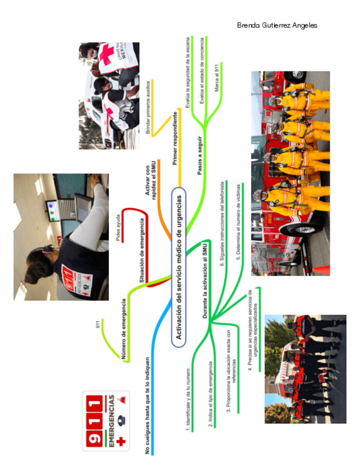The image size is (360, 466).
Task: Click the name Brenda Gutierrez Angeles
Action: pyautogui.click(x=277, y=25)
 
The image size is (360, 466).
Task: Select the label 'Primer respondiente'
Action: pyautogui.click(x=175, y=138)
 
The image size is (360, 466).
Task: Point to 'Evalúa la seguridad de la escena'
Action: pyautogui.click(x=187, y=77)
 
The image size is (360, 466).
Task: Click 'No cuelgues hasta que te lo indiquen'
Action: pyautogui.click(x=147, y=406)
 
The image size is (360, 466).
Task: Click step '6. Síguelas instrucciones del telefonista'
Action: pyautogui.click(x=222, y=224)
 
